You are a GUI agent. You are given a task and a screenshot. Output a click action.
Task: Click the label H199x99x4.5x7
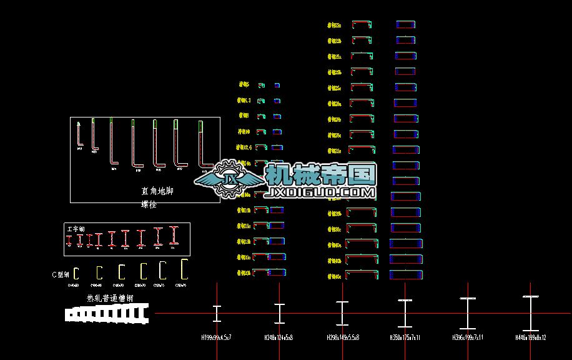coord(216,337)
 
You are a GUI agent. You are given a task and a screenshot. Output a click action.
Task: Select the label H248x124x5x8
coord(279,337)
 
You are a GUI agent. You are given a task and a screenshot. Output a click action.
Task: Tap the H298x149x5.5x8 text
coord(342,337)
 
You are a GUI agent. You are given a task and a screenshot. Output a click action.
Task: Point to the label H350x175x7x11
coord(405,337)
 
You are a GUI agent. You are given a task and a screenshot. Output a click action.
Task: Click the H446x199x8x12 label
coord(530,337)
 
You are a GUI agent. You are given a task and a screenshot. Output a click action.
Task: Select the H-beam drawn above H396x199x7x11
coord(468,314)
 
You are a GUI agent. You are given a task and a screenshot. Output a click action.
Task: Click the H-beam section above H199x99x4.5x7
coord(217,313)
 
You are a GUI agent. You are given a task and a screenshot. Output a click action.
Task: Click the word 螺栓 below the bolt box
coord(149,204)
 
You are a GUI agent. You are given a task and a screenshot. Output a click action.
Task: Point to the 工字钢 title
coord(76,229)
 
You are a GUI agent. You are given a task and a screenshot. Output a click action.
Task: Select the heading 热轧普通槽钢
coord(109,299)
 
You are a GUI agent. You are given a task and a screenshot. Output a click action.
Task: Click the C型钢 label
coord(61,274)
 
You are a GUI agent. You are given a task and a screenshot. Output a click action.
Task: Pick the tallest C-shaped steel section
coord(184,269)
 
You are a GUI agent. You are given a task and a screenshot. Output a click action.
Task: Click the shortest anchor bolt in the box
coord(79,134)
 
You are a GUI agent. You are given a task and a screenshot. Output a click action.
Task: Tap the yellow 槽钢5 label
coord(244,84)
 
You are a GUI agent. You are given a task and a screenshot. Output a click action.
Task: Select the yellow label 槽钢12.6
coord(244,147)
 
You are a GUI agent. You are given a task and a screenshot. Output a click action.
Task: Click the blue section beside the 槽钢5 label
coord(277,85)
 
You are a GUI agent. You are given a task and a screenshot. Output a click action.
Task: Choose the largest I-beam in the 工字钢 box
coord(175,235)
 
